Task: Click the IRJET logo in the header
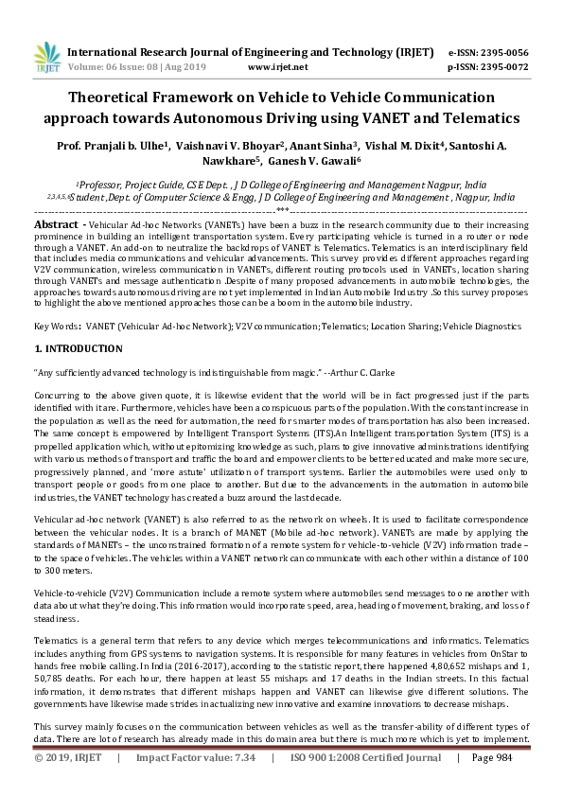[x=47, y=59]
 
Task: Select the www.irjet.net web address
[x=277, y=67]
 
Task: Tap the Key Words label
[x=56, y=326]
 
